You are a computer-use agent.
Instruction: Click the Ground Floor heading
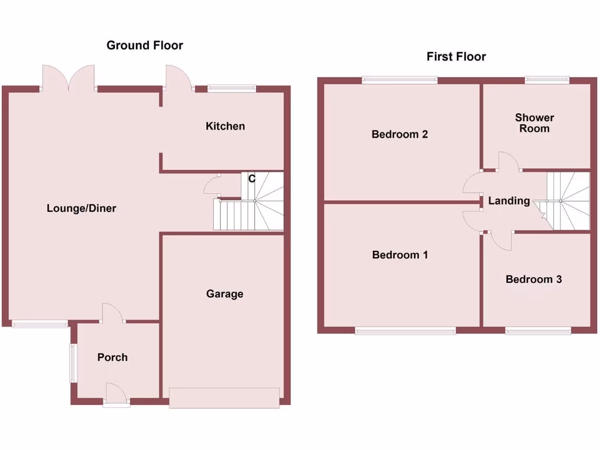pos(145,45)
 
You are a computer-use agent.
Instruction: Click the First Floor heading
pos(456,57)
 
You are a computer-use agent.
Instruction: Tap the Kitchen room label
pos(225,126)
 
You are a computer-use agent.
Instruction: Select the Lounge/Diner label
pos(81,208)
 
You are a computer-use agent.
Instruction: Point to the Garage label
pos(224,294)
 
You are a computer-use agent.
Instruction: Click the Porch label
pos(112,357)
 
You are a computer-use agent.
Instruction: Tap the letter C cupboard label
pos(251,179)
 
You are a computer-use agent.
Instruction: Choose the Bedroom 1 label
pos(400,255)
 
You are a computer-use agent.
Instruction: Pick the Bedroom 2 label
pos(400,134)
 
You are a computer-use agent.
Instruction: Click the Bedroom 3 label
pos(534,279)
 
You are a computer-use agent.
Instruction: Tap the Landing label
pos(509,201)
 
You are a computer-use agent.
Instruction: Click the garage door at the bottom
pos(224,398)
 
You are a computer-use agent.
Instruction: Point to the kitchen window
pos(232,89)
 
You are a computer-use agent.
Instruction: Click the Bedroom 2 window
pos(400,80)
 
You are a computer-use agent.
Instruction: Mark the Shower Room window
pos(547,80)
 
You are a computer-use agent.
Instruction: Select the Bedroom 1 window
pos(405,331)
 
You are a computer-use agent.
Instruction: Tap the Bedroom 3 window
pos(538,331)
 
